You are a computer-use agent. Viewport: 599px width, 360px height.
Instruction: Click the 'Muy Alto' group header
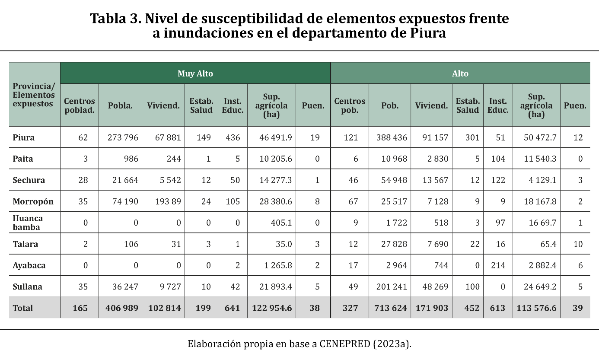(x=195, y=73)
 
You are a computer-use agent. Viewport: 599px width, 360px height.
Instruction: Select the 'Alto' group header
(x=460, y=73)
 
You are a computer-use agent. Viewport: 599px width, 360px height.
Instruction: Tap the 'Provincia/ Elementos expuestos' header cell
(x=34, y=95)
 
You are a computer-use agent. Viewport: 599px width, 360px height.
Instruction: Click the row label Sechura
(x=29, y=180)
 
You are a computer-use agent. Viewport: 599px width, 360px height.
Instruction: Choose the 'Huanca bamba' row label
(x=28, y=223)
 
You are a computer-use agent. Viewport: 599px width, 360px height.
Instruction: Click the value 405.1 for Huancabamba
(x=281, y=223)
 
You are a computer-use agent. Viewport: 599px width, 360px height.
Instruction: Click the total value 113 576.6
(x=536, y=308)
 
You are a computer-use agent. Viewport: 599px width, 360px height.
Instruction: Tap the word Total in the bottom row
(x=23, y=308)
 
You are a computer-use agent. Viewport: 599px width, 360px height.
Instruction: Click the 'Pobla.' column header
(x=121, y=105)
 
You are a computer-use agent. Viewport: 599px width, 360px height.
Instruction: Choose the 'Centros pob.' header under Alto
(x=350, y=105)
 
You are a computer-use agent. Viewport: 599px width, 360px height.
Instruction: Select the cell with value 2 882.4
(x=540, y=265)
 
